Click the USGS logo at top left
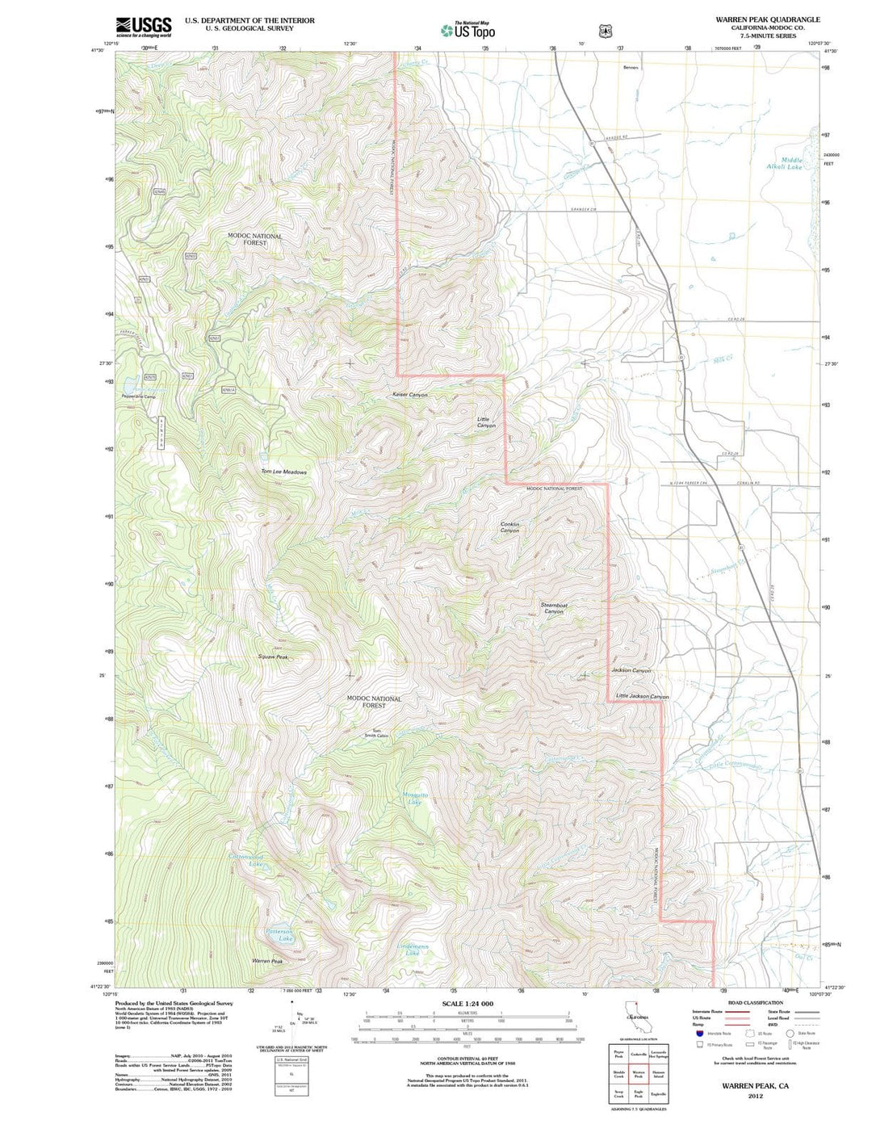coord(144,27)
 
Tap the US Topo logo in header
coord(467,30)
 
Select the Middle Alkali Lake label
coord(785,163)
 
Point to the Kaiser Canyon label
coord(409,395)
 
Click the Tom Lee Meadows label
coord(283,472)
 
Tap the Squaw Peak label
coord(273,657)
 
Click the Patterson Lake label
coord(280,935)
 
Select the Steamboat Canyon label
coord(554,608)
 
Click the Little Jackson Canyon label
coord(643,696)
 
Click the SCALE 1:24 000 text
coord(467,1004)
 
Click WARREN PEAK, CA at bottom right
coord(755,1086)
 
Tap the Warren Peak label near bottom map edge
coord(266,961)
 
